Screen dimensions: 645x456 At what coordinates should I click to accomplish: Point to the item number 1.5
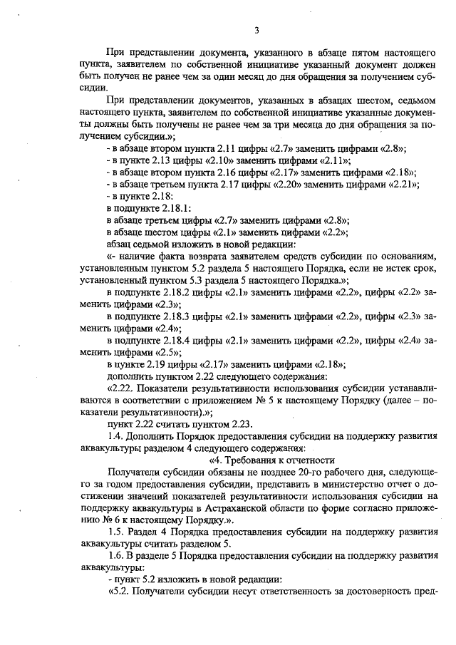click(x=115, y=532)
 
